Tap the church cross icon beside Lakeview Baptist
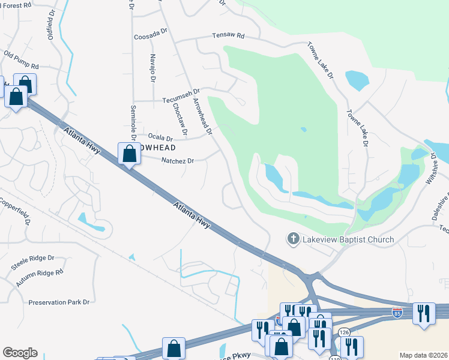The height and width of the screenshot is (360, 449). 293,239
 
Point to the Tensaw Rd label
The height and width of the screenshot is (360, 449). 228,36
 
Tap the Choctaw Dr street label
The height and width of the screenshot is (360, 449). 180,118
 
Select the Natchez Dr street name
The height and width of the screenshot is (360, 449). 178,161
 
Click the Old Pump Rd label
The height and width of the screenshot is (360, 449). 21,61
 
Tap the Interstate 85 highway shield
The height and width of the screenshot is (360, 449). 397,313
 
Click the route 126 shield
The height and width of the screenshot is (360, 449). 344,332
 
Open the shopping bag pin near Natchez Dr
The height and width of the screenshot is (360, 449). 129,154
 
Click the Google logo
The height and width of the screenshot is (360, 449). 20,353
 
